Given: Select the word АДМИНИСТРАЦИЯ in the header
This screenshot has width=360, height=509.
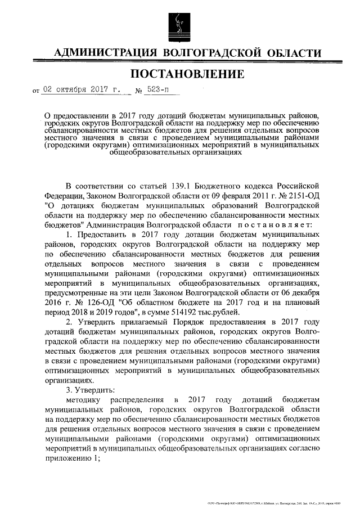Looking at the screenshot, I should (x=104, y=53).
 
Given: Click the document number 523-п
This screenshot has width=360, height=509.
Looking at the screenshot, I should (x=160, y=89).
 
